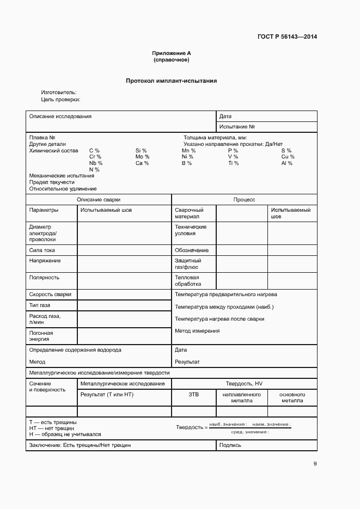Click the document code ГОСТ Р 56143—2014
(287, 37)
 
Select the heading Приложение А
(172, 53)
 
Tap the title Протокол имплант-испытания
(172, 81)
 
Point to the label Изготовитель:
(59, 93)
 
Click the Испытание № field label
(237, 126)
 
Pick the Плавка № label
(42, 138)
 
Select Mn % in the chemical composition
(188, 150)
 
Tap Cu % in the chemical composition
(288, 157)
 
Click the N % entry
(94, 170)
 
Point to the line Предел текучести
(52, 182)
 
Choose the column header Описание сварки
(99, 200)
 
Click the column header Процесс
(244, 200)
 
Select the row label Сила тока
(42, 250)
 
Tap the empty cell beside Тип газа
(124, 305)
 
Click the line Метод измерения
(197, 330)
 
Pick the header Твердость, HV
(244, 384)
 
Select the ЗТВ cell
(193, 394)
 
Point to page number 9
(315, 463)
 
